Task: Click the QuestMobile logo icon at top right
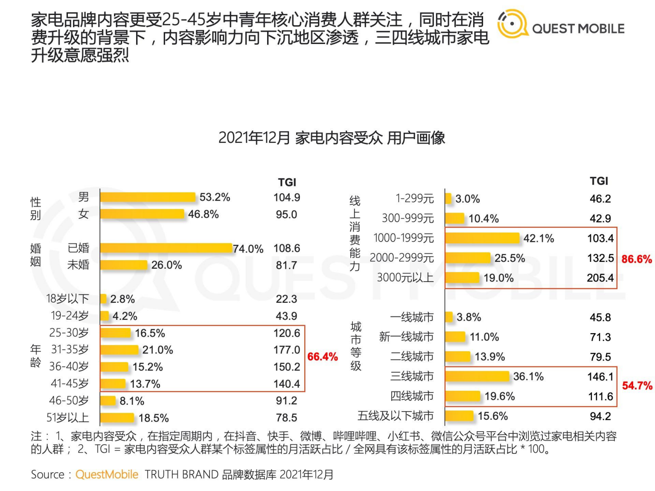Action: [x=512, y=24]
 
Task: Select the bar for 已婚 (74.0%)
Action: [x=166, y=248]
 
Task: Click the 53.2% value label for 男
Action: [x=215, y=197]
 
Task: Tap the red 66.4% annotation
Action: [x=322, y=357]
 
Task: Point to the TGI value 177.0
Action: [x=287, y=350]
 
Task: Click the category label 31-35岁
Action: [x=70, y=349]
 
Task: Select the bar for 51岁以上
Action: [x=117, y=418]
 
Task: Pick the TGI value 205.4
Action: [x=600, y=278]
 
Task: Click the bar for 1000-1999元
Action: [x=482, y=238]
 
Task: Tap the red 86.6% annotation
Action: [x=636, y=259]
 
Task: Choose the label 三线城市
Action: [x=412, y=376]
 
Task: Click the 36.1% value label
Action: [x=528, y=376]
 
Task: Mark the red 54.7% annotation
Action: [x=637, y=386]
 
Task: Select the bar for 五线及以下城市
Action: [x=459, y=416]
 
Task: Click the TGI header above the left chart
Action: [x=287, y=182]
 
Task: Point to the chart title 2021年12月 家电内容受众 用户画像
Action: [x=332, y=138]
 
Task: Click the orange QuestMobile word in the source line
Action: [x=107, y=474]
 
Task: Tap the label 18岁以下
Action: [x=67, y=299]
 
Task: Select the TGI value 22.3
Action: [x=286, y=299]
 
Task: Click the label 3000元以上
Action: [x=405, y=278]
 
